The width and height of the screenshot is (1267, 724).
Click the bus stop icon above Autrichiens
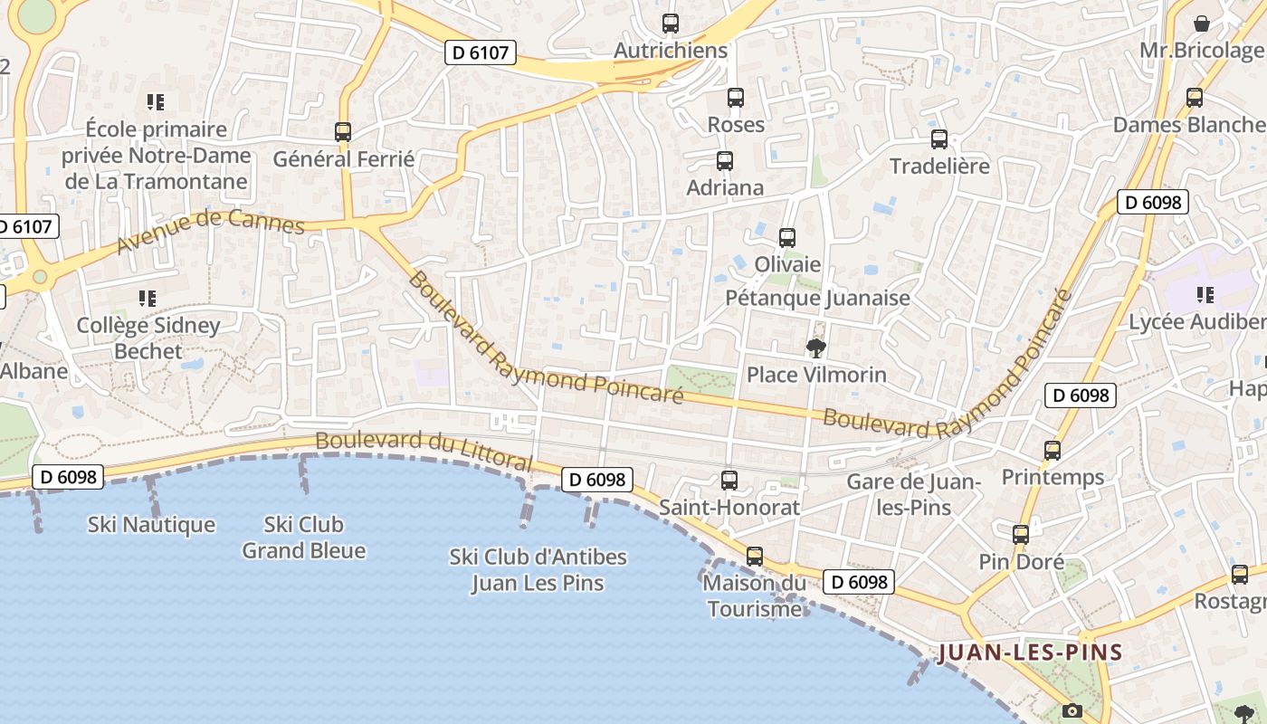click(671, 24)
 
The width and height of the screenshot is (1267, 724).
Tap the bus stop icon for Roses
click(736, 98)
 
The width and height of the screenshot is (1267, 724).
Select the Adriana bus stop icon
click(725, 161)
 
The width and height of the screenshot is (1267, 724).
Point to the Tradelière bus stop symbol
click(939, 139)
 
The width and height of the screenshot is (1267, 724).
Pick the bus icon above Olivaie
click(787, 238)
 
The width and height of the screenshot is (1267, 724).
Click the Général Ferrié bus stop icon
click(343, 132)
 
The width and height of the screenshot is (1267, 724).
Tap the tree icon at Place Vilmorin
click(816, 348)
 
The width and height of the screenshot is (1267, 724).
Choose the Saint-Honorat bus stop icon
click(729, 481)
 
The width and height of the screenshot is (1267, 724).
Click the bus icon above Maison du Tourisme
click(755, 557)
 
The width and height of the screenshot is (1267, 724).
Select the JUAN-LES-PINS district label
click(1030, 653)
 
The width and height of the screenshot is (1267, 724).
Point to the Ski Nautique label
click(151, 525)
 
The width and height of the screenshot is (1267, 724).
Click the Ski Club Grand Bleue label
click(304, 538)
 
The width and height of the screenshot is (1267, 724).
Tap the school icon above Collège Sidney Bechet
click(148, 298)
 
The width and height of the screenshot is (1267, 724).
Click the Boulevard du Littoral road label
click(424, 450)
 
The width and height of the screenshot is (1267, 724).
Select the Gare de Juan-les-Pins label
click(914, 494)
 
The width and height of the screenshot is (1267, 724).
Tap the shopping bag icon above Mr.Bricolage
click(1202, 24)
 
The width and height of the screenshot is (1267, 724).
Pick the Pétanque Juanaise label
click(818, 298)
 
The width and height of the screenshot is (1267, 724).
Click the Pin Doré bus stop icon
click(1021, 535)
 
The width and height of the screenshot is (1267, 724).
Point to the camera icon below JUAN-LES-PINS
click(1072, 710)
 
